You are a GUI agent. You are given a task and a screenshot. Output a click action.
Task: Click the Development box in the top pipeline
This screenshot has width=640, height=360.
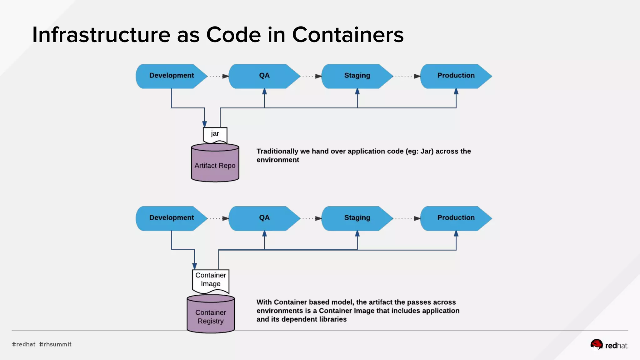171,76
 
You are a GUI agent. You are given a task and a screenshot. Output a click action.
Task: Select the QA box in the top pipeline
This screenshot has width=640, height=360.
264,76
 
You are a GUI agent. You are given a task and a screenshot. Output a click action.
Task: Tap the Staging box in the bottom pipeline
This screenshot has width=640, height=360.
357,218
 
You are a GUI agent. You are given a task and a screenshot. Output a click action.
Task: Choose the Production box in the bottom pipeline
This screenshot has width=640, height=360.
456,218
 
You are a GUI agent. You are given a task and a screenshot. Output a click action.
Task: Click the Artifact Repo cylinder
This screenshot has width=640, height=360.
215,165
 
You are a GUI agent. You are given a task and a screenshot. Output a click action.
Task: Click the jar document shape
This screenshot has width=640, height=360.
215,134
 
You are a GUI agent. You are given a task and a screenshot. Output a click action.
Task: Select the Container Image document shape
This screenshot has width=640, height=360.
211,280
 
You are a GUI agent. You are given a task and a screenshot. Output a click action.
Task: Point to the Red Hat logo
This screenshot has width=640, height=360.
609,345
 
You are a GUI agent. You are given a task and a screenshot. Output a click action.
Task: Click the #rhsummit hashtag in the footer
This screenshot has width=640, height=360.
55,344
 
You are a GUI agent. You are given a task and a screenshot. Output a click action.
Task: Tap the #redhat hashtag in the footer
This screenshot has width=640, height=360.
24,344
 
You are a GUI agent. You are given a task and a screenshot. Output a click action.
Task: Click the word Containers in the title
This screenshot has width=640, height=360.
347,35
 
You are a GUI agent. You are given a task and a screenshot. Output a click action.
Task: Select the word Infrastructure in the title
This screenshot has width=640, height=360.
101,35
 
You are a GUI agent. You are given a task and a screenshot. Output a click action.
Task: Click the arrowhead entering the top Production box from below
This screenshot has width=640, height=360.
456,91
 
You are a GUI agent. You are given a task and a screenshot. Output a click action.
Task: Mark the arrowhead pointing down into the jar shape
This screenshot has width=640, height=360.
204,124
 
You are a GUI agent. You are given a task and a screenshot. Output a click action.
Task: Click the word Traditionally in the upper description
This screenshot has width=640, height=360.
277,151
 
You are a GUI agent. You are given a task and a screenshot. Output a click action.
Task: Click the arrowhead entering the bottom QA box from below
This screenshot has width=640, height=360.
264,233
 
